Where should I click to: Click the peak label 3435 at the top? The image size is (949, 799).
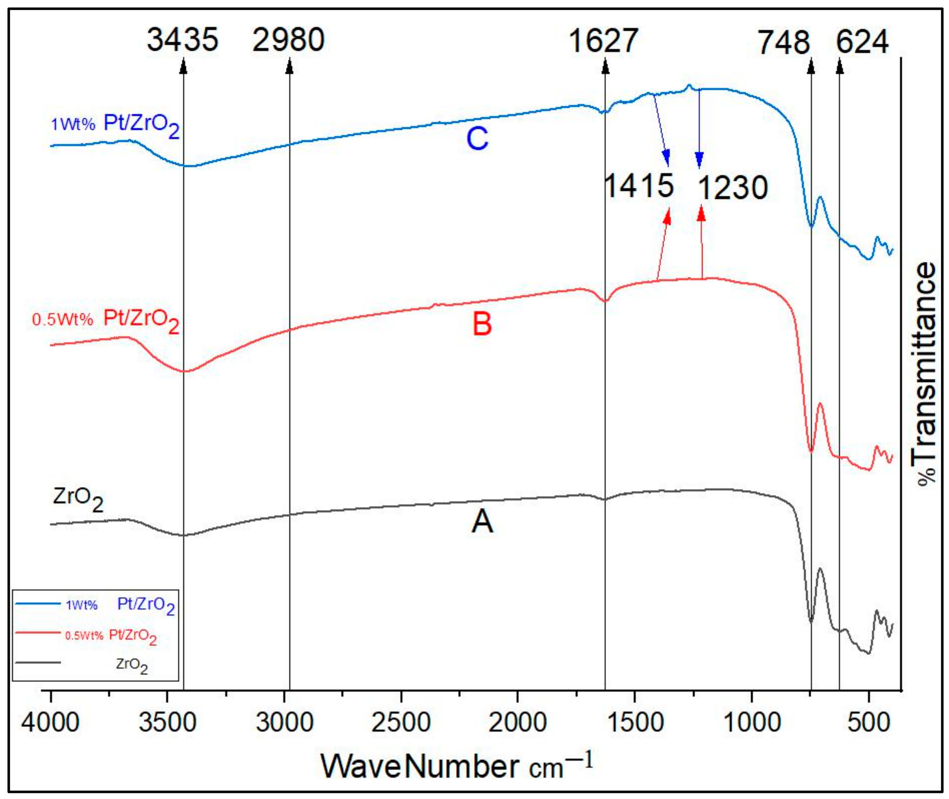pos(183,40)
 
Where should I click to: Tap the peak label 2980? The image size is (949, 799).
pos(289,40)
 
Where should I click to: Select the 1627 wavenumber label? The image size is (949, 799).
pos(603,41)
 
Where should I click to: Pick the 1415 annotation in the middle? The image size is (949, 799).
pos(639,185)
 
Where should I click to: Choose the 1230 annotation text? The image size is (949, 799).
pos(733,187)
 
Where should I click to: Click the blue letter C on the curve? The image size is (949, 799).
pos(477,138)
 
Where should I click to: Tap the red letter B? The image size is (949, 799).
pos(482,324)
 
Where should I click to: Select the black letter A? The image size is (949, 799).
pos(482,521)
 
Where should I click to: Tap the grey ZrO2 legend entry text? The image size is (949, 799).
pos(132,665)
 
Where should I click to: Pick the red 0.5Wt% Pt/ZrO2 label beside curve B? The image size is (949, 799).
pos(106,320)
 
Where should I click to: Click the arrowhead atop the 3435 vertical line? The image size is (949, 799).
pos(183,67)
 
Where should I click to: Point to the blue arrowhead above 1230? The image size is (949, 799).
pos(699,161)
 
